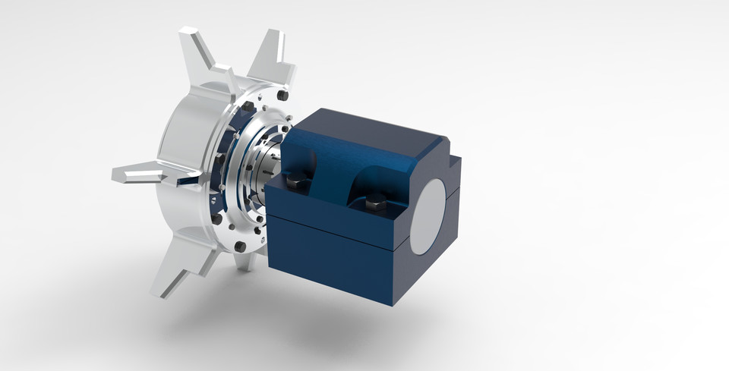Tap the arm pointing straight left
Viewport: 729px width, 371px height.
(x=140, y=175)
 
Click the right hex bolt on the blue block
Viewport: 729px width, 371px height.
(x=375, y=203)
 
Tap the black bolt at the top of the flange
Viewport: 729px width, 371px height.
(x=282, y=96)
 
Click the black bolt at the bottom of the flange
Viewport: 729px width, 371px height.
(x=240, y=247)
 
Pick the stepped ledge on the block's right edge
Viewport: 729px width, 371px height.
(x=454, y=163)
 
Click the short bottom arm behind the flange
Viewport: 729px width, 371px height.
(x=245, y=262)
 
